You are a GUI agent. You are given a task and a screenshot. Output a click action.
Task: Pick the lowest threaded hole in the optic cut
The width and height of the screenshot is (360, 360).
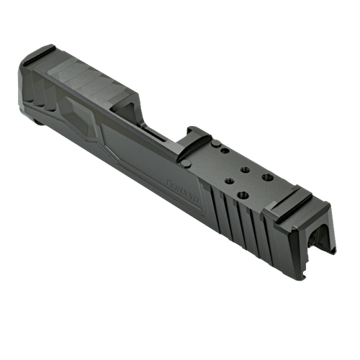point(232,191)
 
